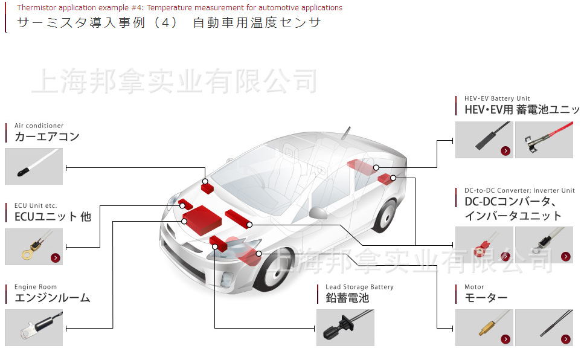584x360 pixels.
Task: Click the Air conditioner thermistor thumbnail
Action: click(x=34, y=166)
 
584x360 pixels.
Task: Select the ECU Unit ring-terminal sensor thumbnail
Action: click(x=34, y=246)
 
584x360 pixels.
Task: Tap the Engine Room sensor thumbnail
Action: click(x=34, y=327)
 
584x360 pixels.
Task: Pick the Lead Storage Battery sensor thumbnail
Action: click(x=345, y=327)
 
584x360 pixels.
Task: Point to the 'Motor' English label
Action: click(x=474, y=287)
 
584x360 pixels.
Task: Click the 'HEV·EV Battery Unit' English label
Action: click(x=497, y=98)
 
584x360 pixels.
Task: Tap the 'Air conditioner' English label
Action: click(x=39, y=126)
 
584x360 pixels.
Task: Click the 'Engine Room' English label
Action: click(x=36, y=287)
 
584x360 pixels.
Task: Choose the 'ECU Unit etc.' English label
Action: click(x=36, y=205)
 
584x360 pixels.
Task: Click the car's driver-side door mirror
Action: click(x=319, y=213)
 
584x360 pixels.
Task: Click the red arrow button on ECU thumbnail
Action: click(x=56, y=258)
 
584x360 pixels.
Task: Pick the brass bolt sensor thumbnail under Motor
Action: click(x=484, y=327)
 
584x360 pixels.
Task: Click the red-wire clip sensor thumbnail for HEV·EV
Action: click(x=544, y=140)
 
